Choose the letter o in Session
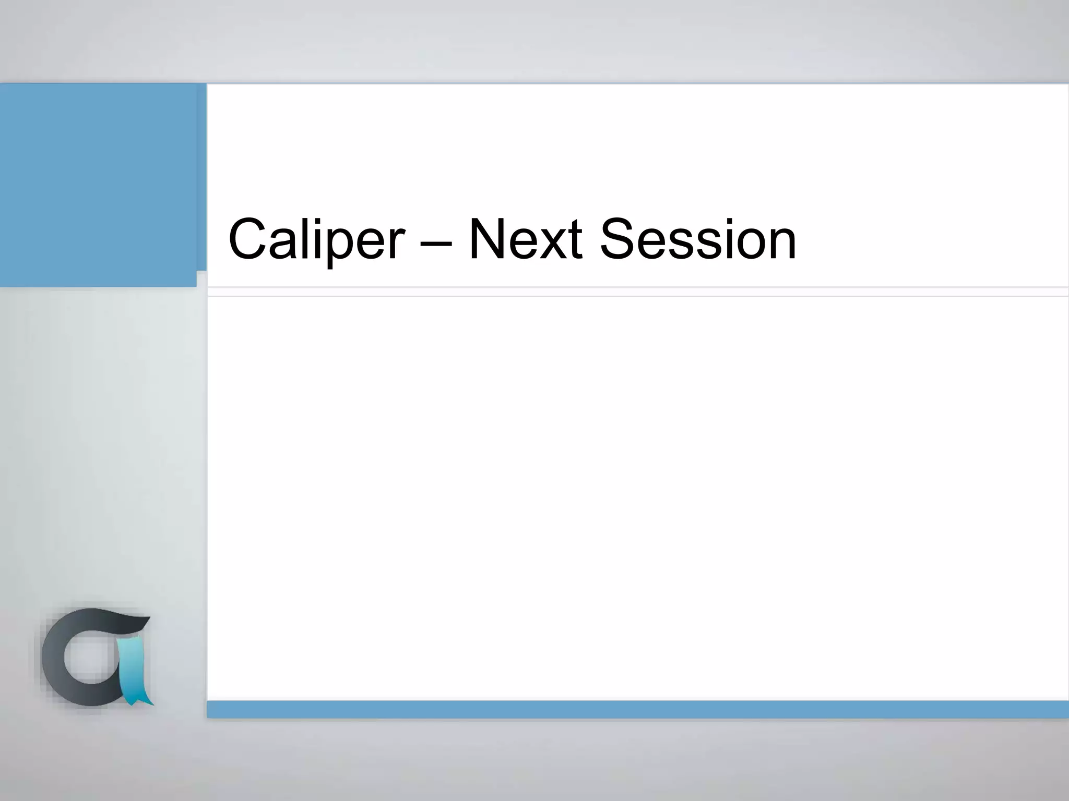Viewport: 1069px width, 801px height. tap(744, 246)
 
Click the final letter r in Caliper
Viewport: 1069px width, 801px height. tap(395, 245)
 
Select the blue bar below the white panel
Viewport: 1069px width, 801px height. tap(637, 709)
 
